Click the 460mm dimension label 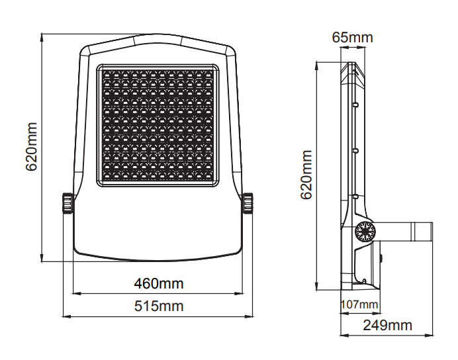tap(159, 283)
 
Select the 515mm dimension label tap(159, 306)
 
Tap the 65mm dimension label tap(352, 37)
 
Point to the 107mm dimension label tap(359, 304)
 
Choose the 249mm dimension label tap(387, 325)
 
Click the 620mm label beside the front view tap(32, 146)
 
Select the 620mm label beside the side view tap(306, 175)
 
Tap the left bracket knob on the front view tap(67, 203)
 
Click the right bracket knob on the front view tap(248, 203)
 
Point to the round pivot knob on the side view tap(365, 231)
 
